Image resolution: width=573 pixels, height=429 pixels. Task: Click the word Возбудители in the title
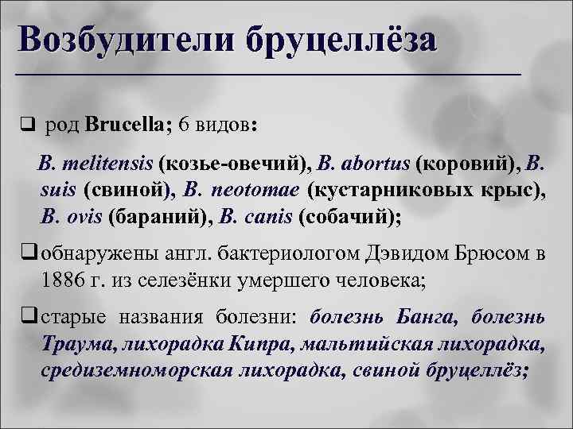[124, 39]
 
